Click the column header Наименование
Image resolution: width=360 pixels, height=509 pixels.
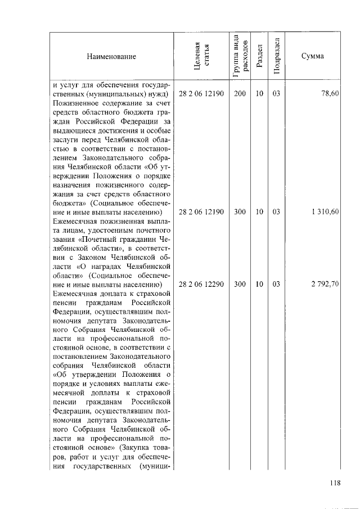point(111,57)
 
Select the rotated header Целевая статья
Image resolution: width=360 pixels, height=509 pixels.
point(201,57)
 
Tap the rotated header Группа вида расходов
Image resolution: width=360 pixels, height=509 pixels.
point(240,55)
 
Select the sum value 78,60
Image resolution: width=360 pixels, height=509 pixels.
point(329,94)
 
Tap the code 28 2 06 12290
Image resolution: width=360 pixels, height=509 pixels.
point(201,285)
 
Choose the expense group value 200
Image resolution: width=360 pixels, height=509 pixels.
point(240,94)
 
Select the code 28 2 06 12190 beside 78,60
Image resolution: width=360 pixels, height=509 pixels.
point(201,94)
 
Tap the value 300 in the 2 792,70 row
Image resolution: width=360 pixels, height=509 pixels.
point(240,285)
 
